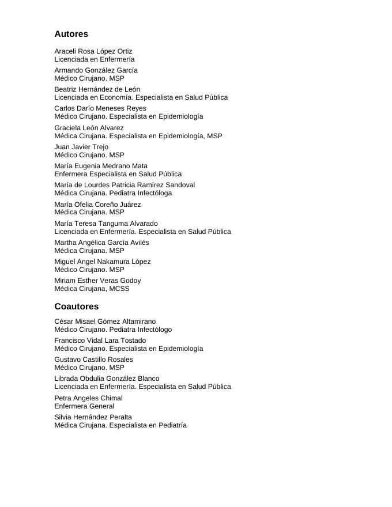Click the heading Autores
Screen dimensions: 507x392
(x=71, y=35)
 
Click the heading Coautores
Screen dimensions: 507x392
(x=77, y=307)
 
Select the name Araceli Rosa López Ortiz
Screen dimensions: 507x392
(x=93, y=51)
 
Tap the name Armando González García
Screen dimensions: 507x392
(x=96, y=70)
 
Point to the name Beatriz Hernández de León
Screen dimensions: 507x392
(x=97, y=89)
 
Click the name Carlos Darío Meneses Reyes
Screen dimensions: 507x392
(x=100, y=108)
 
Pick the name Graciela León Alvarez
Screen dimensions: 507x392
(x=89, y=128)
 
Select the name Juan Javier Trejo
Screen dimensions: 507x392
(x=81, y=147)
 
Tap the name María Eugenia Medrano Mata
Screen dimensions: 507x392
(x=101, y=166)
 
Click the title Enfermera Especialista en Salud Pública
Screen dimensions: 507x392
(x=118, y=174)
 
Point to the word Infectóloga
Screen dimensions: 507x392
(x=154, y=193)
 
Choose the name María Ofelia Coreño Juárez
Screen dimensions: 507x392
(x=97, y=205)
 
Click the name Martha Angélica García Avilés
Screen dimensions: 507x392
(x=101, y=243)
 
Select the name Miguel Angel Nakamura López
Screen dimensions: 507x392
(x=103, y=262)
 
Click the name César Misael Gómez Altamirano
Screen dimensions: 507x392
(x=105, y=321)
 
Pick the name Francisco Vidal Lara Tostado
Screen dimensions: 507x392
(x=100, y=340)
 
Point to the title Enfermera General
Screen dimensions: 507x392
(x=84, y=406)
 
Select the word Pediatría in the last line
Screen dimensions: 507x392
(x=172, y=425)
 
